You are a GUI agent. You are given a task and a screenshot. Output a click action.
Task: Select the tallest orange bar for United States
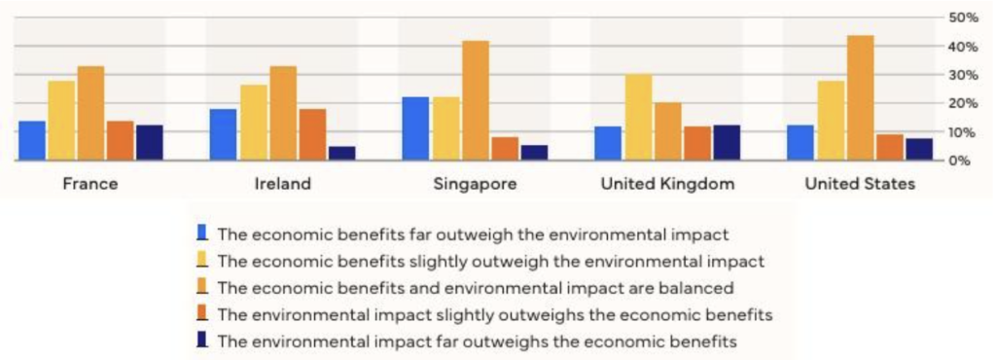tap(860, 97)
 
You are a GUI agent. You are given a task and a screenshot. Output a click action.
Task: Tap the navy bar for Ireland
tap(341, 153)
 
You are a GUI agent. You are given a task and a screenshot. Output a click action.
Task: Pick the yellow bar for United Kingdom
tap(638, 118)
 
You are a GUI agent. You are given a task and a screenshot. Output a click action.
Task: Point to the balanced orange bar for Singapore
tap(476, 100)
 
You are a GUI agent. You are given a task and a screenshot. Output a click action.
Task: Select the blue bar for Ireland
tap(223, 134)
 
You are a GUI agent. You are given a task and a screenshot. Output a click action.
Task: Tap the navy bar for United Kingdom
tap(726, 143)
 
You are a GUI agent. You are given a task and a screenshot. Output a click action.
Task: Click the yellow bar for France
tap(61, 121)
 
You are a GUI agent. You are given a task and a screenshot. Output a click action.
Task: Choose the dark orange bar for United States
tap(889, 147)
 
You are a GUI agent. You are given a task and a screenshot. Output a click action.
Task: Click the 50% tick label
tap(963, 18)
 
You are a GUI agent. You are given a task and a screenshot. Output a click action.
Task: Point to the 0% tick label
tap(966, 161)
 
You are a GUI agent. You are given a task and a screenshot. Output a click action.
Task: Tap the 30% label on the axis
tap(963, 75)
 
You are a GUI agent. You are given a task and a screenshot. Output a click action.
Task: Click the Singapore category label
tap(475, 184)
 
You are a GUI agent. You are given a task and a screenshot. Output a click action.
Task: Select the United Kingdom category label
tap(667, 184)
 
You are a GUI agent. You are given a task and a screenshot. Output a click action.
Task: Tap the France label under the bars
tap(90, 184)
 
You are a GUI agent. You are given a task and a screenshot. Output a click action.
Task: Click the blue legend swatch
tap(202, 233)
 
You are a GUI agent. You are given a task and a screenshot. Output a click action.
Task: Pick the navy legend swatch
tap(202, 340)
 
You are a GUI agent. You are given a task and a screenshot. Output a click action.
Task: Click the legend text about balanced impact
tap(476, 288)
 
